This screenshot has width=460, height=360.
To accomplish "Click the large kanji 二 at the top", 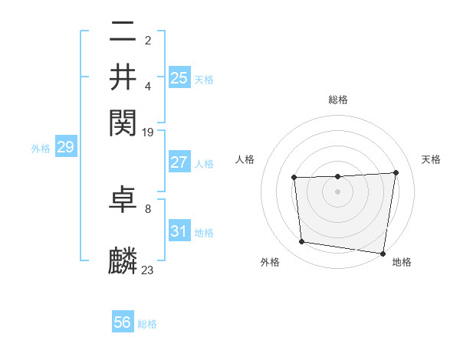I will (x=123, y=33).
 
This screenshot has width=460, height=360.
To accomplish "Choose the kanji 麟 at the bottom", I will (x=123, y=260).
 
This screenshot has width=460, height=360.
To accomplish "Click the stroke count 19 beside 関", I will (x=148, y=133).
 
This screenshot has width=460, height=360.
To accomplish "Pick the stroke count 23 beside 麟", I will (x=148, y=270).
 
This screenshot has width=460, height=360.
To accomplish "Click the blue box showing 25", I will (x=179, y=77).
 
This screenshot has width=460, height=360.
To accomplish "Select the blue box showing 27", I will (x=179, y=162).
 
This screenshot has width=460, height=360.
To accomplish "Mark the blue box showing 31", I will (x=179, y=231).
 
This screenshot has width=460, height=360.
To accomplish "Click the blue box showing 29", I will (x=65, y=147).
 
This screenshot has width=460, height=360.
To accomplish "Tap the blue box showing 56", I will (x=123, y=322).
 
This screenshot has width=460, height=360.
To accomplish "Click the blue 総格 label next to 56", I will (x=147, y=324).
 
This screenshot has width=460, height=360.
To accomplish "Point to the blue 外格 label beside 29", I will (x=41, y=149).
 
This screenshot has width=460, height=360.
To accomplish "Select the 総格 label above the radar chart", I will (x=338, y=100).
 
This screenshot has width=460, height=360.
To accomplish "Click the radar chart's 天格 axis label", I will (x=431, y=159).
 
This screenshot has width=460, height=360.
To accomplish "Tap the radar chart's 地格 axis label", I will (x=402, y=262).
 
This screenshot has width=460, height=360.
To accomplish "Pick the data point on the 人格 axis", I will (x=294, y=178).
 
